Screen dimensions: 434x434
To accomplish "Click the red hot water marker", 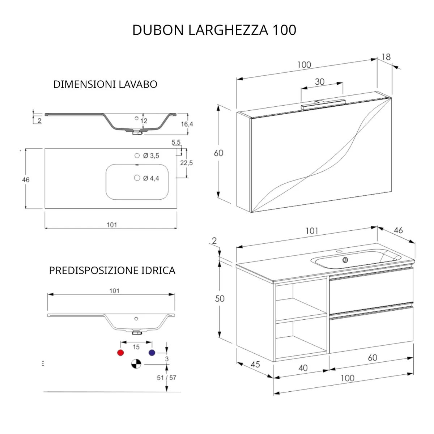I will [120, 353].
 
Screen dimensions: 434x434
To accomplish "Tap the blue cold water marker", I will [152, 353].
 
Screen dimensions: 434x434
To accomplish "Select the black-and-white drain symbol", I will [136, 364].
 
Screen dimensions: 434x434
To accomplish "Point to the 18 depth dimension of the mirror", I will [386, 57].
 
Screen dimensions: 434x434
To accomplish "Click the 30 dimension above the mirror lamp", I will [320, 82].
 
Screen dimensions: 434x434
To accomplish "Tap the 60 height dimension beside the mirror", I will [218, 153].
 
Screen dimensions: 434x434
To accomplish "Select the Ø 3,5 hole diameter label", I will [151, 156].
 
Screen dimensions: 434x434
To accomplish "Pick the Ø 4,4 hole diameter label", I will [151, 178].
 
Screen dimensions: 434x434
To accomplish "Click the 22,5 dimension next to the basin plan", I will [186, 163].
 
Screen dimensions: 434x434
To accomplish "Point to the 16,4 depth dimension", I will [187, 124].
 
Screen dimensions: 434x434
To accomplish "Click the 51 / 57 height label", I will [166, 378].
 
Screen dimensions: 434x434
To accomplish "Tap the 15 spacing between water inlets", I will [136, 347].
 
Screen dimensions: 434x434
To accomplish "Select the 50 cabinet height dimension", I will [220, 299].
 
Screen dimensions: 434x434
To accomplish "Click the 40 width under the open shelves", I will [303, 368].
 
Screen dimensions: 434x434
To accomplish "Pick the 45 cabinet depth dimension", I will [255, 364].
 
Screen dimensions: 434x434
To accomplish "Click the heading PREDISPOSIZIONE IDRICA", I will [112, 271].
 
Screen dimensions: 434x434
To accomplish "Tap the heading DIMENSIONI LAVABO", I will [105, 84].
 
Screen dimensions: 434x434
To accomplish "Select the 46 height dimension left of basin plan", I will [26, 180].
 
